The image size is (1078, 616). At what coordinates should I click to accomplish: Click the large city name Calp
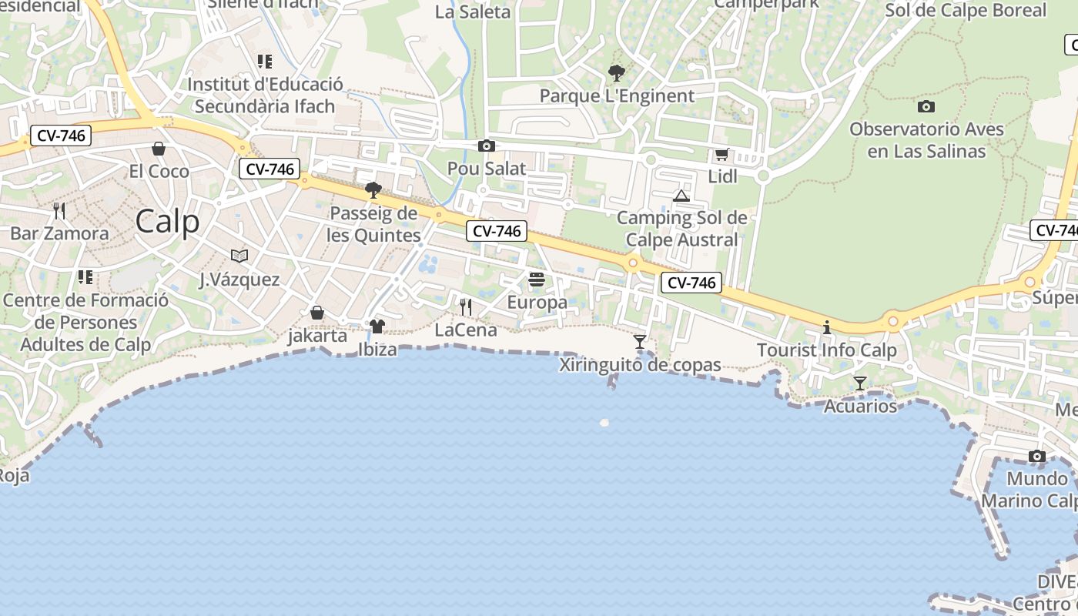pos(167,222)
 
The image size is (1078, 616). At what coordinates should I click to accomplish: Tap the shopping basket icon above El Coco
pos(159,148)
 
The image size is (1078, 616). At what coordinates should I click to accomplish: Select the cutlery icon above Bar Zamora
pos(59,210)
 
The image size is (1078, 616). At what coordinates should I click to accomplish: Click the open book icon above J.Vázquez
pos(239,256)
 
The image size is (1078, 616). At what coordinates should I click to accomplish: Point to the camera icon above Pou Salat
pos(486,146)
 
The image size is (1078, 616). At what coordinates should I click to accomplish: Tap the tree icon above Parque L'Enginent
pos(616,73)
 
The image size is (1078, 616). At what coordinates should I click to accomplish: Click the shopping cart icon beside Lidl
pos(721,154)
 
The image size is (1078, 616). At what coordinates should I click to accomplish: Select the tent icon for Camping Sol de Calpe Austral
pos(681,196)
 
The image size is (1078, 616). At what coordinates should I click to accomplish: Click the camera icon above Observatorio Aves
pos(926,106)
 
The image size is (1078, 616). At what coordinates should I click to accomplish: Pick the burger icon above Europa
pos(537,279)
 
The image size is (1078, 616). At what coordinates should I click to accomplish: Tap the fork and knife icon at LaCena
pos(465,307)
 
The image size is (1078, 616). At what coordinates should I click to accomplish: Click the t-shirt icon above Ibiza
pos(377,326)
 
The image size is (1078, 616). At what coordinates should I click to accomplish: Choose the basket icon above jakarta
pos(317,313)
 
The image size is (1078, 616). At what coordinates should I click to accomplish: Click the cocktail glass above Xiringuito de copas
pos(640,341)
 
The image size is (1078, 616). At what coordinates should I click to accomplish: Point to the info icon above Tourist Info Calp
pos(827,327)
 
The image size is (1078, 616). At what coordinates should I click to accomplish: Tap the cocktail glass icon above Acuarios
pos(860,383)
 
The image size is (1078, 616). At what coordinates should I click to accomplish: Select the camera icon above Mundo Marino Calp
pos(1036,456)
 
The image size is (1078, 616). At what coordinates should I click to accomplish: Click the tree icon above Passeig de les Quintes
pos(373,189)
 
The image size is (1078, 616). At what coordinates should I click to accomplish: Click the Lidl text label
pos(722,176)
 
